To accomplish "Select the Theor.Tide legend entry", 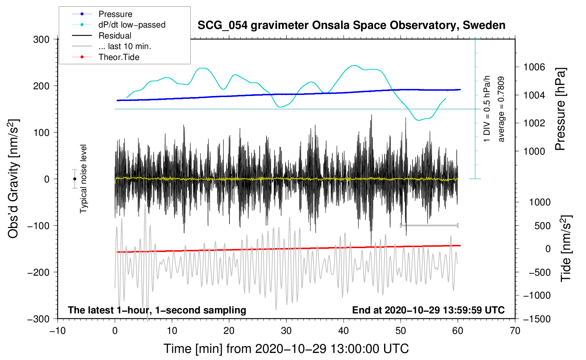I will point(119,57).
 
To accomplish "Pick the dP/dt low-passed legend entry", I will point(132,25).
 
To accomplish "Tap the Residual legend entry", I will point(115,36).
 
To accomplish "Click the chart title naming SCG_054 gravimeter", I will point(351,25).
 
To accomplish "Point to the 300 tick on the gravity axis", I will point(41,40).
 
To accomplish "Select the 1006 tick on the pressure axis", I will point(534,67).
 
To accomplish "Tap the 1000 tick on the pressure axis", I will point(534,151).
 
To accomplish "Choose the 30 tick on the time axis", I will point(286,331).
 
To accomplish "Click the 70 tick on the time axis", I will point(515,331).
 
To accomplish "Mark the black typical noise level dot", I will point(74,179).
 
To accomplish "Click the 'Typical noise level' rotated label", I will point(83,179).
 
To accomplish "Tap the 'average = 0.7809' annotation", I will point(501,109).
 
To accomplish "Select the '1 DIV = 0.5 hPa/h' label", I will point(487,109).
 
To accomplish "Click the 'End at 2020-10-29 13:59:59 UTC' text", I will point(428,310).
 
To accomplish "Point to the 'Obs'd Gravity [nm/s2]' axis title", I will point(13,179).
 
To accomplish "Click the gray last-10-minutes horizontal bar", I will point(429,225).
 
